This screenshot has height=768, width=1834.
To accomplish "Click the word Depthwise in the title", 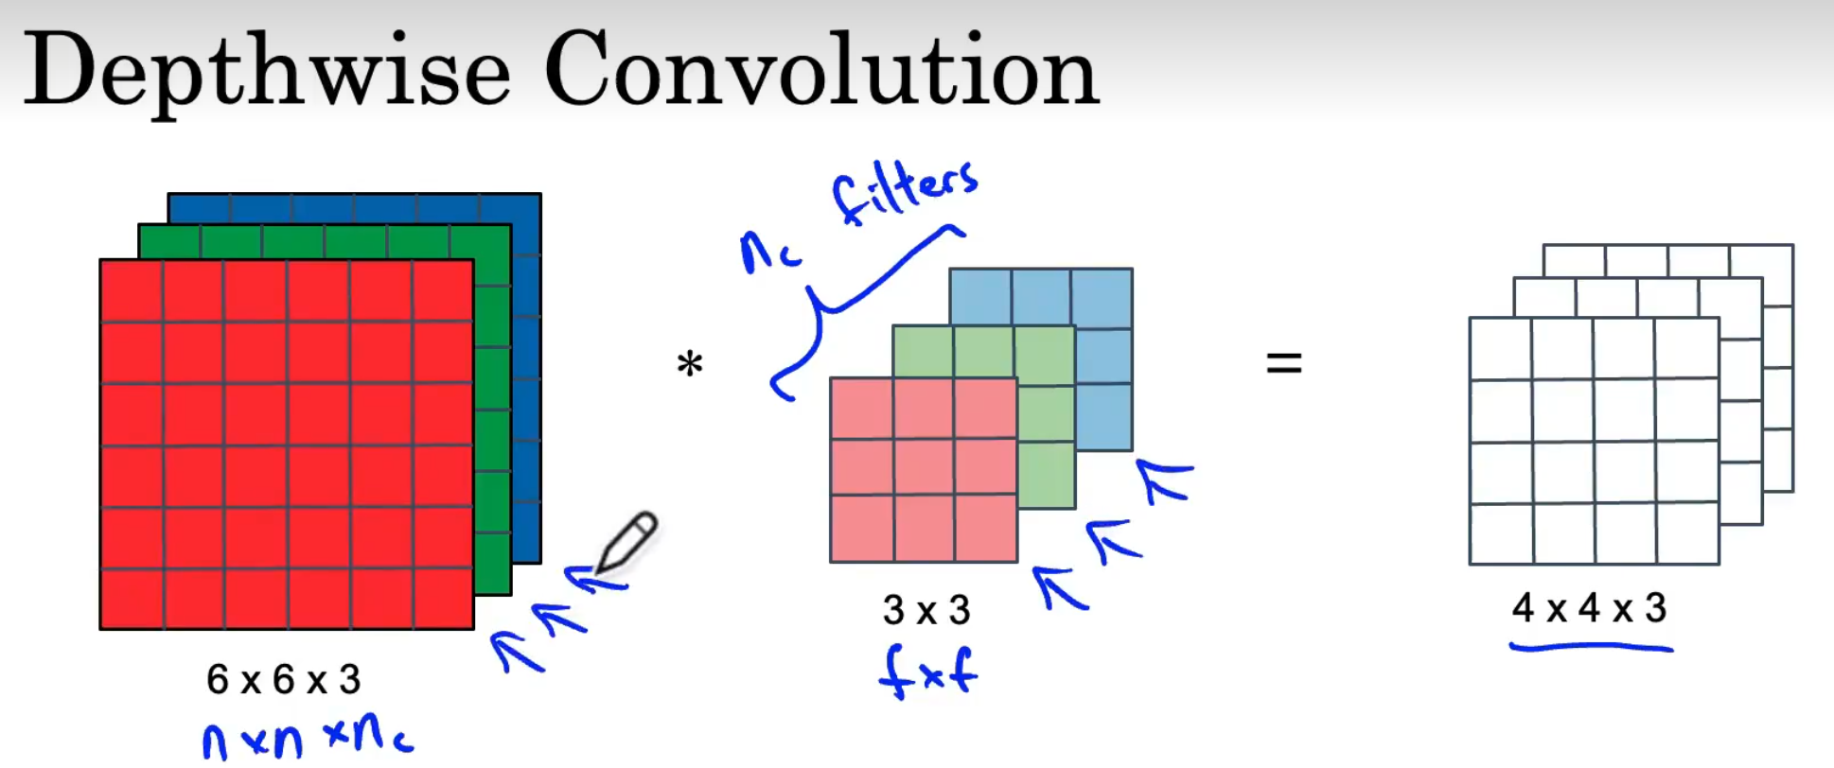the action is (x=267, y=70).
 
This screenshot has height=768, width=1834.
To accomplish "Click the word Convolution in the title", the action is (x=821, y=68).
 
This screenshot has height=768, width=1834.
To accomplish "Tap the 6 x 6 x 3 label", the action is (x=284, y=679).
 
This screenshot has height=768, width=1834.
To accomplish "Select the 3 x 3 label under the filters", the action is (x=926, y=610).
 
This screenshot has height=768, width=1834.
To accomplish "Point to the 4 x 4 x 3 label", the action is (x=1589, y=607).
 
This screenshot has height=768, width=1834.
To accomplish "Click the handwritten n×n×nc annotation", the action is (x=308, y=739).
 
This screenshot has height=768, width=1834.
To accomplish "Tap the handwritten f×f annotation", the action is (x=927, y=672).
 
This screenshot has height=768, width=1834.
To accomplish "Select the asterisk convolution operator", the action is (x=690, y=364).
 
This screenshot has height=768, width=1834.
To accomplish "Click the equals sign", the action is (x=1284, y=362).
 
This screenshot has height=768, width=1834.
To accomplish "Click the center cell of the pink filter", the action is (x=924, y=466).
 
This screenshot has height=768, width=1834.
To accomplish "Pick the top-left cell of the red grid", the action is (x=132, y=291).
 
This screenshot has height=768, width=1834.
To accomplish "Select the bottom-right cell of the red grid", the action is (x=443, y=598).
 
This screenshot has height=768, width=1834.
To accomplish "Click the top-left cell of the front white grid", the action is (x=1500, y=349).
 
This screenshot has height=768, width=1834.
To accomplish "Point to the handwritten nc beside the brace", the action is (x=770, y=253).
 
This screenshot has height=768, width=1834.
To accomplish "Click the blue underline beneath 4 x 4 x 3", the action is (x=1591, y=648).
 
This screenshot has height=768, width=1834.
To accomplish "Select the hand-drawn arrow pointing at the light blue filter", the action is (x=1166, y=479).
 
